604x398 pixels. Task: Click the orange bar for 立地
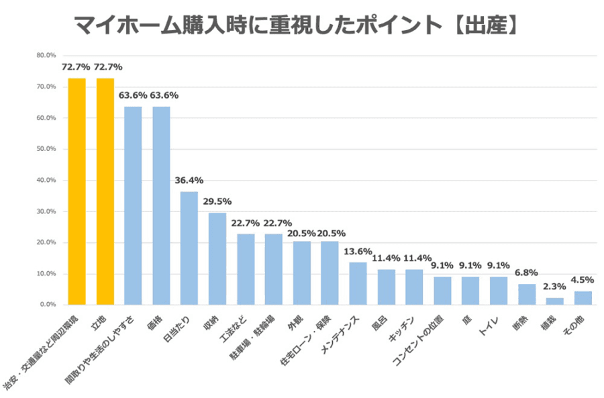click(x=105, y=191)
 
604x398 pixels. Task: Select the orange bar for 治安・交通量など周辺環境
click(x=77, y=191)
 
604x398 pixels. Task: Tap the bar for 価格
click(x=161, y=205)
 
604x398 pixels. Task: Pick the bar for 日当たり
click(x=189, y=248)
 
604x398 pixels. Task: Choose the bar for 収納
click(x=217, y=258)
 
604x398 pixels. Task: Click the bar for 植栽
click(x=554, y=301)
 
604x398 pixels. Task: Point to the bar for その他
click(x=583, y=297)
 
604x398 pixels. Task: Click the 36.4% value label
click(x=189, y=181)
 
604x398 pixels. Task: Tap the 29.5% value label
click(x=217, y=201)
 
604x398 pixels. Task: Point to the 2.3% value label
click(x=554, y=287)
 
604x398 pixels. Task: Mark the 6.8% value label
click(x=526, y=272)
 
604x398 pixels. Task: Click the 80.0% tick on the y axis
click(x=46, y=55)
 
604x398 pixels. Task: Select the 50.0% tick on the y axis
click(x=46, y=149)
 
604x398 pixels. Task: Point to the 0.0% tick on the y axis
click(x=48, y=305)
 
